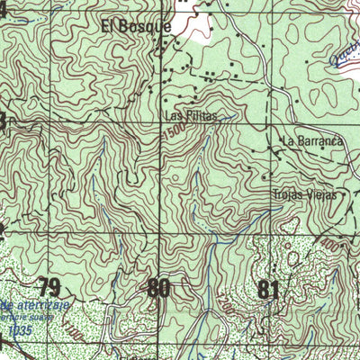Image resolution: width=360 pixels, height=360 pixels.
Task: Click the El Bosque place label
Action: [x=136, y=26]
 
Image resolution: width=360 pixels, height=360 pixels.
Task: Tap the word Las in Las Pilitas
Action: [x=173, y=116]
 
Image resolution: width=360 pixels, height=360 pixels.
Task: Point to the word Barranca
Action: [x=320, y=142]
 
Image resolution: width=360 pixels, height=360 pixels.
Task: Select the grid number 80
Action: [x=159, y=289]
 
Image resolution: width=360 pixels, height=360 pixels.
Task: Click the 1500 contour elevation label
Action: [x=175, y=133]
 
